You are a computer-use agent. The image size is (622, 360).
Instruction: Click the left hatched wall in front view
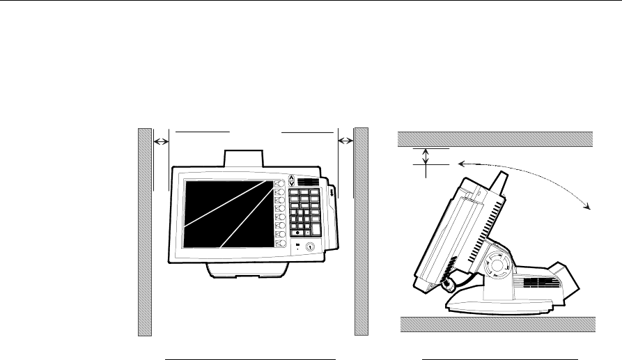pyautogui.click(x=144, y=230)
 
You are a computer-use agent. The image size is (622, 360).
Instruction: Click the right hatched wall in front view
pyautogui.click(x=361, y=230)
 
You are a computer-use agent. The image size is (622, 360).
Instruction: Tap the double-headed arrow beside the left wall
pyautogui.click(x=161, y=141)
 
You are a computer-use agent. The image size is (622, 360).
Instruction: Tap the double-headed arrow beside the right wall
pyautogui.click(x=345, y=141)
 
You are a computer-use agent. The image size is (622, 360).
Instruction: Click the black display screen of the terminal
pyautogui.click(x=226, y=212)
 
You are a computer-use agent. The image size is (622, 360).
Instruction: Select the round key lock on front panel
pyautogui.click(x=310, y=246)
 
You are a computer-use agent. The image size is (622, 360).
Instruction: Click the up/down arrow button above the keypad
pyautogui.click(x=291, y=180)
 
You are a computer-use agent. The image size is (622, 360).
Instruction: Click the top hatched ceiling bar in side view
pyautogui.click(x=495, y=139)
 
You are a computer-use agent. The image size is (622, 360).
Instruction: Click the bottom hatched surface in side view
pyautogui.click(x=497, y=324)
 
